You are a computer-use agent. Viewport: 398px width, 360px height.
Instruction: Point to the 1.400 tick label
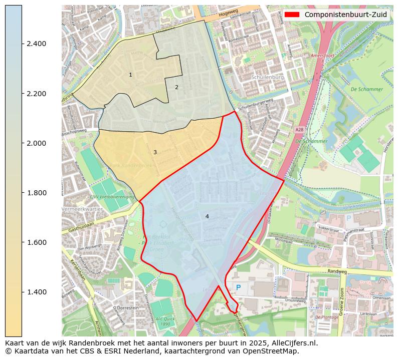(36, 292)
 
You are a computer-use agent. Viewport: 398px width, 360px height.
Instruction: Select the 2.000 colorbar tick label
(36, 143)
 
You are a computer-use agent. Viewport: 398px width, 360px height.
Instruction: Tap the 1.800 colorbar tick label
(36, 193)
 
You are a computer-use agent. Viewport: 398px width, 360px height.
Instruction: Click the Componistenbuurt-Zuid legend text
(345, 15)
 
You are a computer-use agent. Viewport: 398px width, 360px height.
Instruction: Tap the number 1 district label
(130, 75)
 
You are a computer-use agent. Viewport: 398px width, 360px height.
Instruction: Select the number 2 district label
(176, 87)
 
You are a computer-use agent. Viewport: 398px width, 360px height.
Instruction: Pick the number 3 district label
(155, 152)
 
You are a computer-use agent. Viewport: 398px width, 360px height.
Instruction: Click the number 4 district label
(207, 216)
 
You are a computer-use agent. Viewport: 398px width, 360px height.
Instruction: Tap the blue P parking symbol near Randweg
(239, 287)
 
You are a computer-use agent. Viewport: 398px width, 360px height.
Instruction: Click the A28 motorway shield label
(299, 130)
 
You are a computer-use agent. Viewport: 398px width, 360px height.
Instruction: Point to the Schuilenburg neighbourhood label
(268, 78)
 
